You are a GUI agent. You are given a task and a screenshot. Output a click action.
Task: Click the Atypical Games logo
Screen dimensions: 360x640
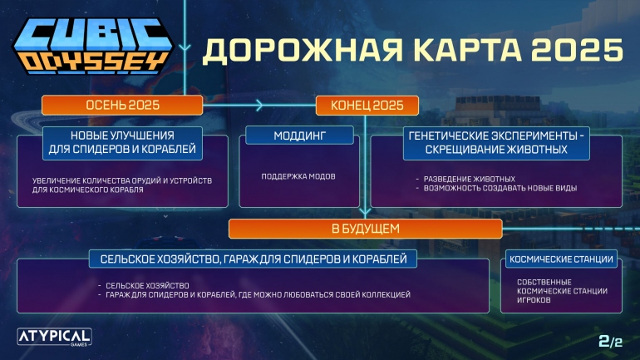54,336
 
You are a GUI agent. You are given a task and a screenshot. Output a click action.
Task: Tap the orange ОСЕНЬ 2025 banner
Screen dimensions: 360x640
122,105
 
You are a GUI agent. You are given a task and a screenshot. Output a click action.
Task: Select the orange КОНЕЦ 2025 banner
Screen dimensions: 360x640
367,105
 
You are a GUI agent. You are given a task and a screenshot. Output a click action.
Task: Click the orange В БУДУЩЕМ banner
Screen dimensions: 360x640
365,228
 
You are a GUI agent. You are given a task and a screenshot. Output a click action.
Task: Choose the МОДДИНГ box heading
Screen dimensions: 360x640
298,135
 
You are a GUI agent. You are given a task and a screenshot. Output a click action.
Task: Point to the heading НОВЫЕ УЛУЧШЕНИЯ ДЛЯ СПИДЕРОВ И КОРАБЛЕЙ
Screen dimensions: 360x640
121,142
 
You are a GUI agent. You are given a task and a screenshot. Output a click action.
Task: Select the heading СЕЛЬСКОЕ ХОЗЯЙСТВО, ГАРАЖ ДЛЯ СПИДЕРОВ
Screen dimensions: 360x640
254,259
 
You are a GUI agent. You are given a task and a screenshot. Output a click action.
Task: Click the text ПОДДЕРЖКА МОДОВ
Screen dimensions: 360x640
298,176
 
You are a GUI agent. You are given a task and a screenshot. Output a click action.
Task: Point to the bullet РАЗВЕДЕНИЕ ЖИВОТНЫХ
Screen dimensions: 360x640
470,178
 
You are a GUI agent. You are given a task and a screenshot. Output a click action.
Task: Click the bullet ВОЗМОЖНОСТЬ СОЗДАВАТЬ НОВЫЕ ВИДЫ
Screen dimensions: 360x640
499,188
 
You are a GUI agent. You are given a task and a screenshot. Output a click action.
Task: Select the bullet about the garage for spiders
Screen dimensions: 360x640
258,295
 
